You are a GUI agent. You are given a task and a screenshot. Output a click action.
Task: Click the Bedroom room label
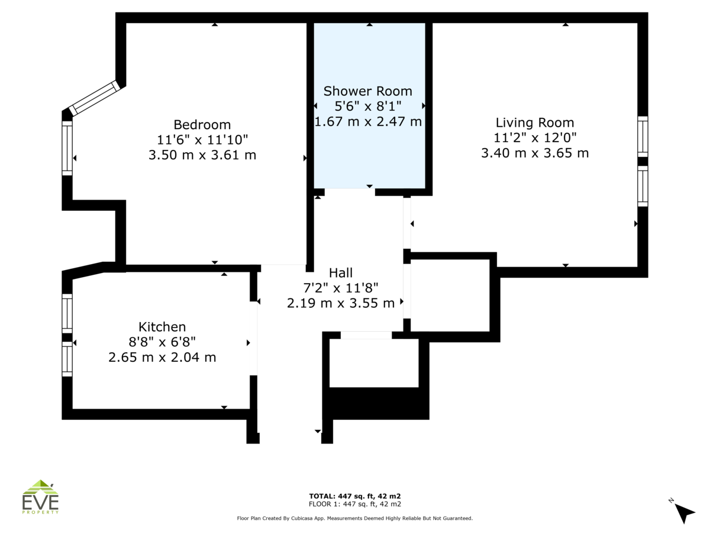coord(202,124)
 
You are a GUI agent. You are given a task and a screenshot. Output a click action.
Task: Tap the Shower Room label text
coord(368,91)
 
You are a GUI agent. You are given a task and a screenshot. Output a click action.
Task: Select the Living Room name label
coord(535,123)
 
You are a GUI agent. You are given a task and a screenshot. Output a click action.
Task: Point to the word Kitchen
coord(162,327)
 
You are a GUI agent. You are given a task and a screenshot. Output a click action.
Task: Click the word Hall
coord(341,273)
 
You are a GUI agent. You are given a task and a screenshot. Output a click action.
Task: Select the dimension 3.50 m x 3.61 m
coord(202,155)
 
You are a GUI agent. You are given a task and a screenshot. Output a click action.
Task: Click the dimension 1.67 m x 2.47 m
coord(368,121)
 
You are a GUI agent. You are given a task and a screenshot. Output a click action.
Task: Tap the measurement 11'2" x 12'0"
coord(535,138)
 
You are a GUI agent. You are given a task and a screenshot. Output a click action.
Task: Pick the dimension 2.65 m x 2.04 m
coord(162,357)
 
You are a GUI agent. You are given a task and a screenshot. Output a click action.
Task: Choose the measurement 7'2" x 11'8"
coord(341,288)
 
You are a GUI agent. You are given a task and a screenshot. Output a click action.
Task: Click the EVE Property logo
coord(40,497)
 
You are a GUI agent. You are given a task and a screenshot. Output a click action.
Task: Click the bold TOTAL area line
coord(355,496)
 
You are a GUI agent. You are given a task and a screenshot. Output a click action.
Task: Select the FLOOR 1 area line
coord(355,504)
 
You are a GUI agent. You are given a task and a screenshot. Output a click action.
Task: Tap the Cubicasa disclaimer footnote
coord(355,518)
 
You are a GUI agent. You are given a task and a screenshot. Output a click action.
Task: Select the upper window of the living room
coord(643,137)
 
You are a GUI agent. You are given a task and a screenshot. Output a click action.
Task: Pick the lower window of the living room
coord(643,186)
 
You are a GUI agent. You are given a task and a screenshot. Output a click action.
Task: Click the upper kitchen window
coord(67,313)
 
